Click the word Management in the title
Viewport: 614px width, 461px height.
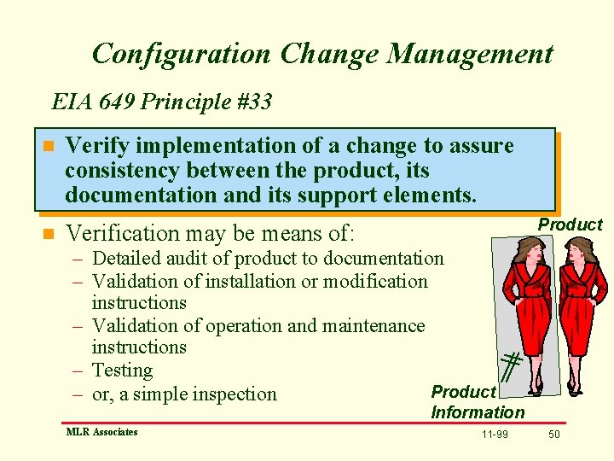point(470,54)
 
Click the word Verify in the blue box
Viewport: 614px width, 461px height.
point(96,146)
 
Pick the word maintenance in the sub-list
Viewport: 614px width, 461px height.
point(376,325)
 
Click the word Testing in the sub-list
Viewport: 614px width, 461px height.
point(122,370)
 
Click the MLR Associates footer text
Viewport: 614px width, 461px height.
point(101,432)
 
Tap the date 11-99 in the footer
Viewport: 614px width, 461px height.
point(495,435)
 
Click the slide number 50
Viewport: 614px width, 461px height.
point(554,435)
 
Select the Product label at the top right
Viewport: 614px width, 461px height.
point(570,225)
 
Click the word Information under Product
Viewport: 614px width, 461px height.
point(478,412)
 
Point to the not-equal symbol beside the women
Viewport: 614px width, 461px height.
point(510,366)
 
